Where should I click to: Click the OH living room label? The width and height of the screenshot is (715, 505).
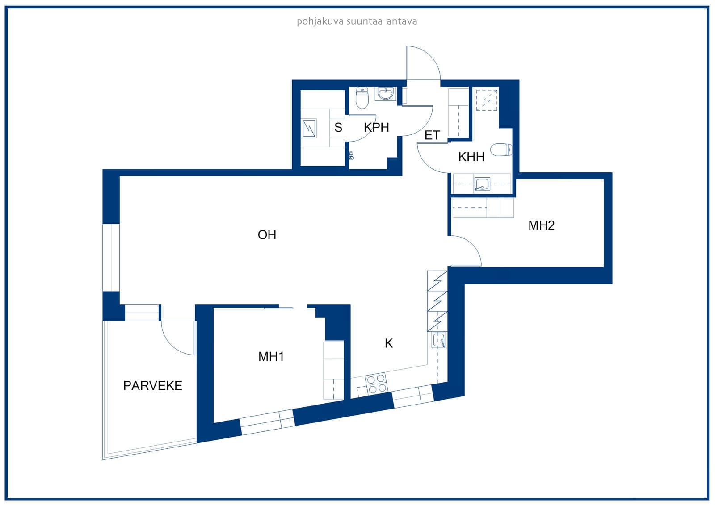tap(267, 235)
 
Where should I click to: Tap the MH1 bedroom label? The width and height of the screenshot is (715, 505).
tap(271, 356)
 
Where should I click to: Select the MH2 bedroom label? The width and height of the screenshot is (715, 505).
tap(541, 225)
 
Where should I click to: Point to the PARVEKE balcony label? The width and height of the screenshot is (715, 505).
tap(152, 386)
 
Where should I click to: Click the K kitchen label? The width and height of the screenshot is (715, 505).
tap(388, 343)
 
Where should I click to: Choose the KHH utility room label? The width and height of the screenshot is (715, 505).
tap(471, 157)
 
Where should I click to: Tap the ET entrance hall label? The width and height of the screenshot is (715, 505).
tap(432, 135)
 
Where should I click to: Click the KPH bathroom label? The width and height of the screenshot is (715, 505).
tap(376, 127)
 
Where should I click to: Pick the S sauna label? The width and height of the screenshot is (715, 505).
tap(338, 127)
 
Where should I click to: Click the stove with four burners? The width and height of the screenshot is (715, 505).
tap(376, 384)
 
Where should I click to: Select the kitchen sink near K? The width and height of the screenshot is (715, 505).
tap(438, 340)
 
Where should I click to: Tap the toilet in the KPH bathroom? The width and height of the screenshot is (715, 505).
tap(362, 97)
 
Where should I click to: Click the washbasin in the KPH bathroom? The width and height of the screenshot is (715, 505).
tap(386, 93)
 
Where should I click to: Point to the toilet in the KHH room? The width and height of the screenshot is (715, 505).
tap(501, 150)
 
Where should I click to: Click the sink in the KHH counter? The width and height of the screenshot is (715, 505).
tap(482, 184)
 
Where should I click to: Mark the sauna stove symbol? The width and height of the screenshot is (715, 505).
tap(309, 128)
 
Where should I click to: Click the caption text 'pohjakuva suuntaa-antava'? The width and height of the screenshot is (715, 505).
tap(357, 21)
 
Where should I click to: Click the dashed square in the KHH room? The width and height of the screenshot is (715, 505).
tap(487, 100)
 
